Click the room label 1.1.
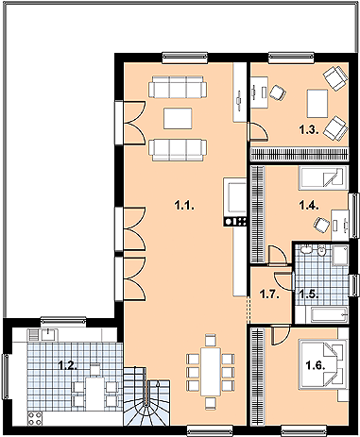click(x=184, y=206)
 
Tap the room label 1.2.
click(x=68, y=365)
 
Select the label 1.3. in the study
click(x=309, y=129)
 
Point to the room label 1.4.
click(x=309, y=206)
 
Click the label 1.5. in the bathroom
click(x=309, y=294)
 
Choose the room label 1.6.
click(x=316, y=365)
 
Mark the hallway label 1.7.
click(x=269, y=294)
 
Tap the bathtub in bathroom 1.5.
click(x=329, y=314)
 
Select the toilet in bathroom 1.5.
click(x=321, y=251)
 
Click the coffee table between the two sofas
click(x=178, y=118)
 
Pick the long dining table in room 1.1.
click(x=211, y=372)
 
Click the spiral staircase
click(x=146, y=396)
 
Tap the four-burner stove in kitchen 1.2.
click(x=35, y=418)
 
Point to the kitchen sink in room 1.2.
click(x=47, y=334)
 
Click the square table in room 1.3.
click(x=317, y=104)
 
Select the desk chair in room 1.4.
click(x=321, y=225)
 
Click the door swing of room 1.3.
click(x=258, y=131)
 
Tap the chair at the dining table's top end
click(x=211, y=340)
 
